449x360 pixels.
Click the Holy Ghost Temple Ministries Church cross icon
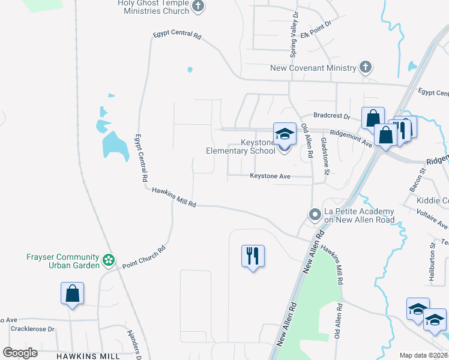[199, 7]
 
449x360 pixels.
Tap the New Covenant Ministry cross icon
[365, 67]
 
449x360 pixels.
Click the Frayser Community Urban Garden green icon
[108, 260]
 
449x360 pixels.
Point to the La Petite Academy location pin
[315, 214]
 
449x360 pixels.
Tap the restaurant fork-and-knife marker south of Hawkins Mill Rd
[252, 256]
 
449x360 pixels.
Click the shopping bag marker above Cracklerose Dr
[72, 294]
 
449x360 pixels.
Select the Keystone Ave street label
[270, 176]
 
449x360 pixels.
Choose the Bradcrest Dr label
[331, 116]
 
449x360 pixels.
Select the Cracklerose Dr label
[32, 329]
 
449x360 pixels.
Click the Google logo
[20, 353]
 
